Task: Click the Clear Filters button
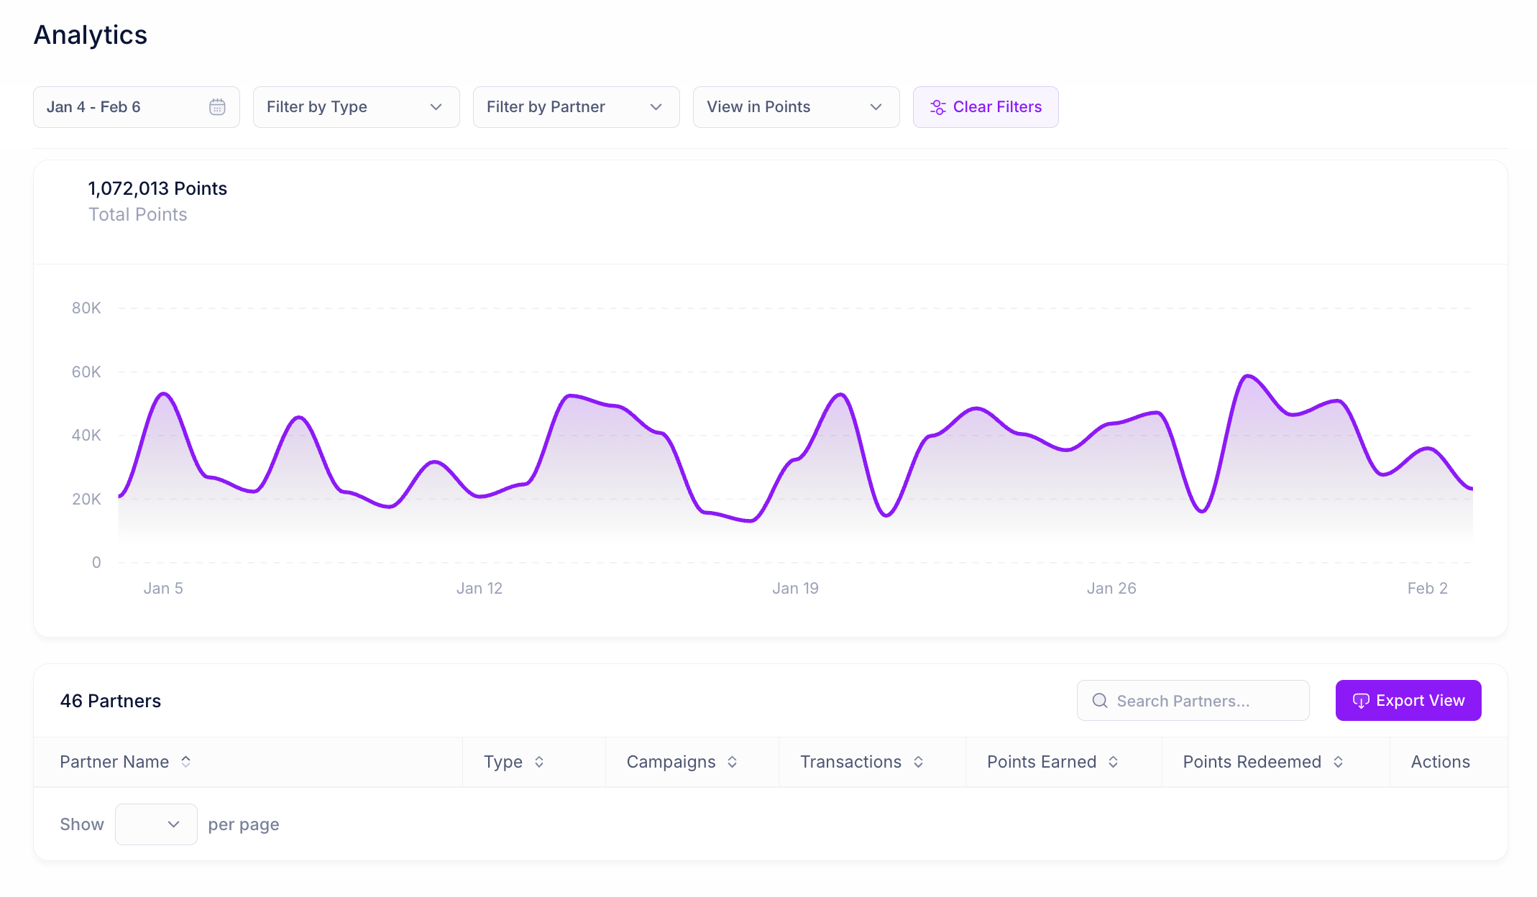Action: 985,107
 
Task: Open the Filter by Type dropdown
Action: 356,107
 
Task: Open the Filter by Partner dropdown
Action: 576,107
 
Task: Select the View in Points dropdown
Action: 796,107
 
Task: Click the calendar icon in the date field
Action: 217,107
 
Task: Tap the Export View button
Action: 1408,700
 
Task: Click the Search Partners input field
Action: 1193,700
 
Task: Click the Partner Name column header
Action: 115,762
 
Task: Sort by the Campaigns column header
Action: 671,762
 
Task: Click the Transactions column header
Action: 851,762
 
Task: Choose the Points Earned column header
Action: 1042,762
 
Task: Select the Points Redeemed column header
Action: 1252,762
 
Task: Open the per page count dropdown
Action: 156,824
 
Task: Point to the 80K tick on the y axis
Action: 86,308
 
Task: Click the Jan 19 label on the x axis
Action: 795,589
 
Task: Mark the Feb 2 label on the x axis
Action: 1427,589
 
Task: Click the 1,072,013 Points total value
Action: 157,188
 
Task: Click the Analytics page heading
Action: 91,35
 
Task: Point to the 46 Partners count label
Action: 111,701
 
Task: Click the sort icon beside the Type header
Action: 539,762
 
